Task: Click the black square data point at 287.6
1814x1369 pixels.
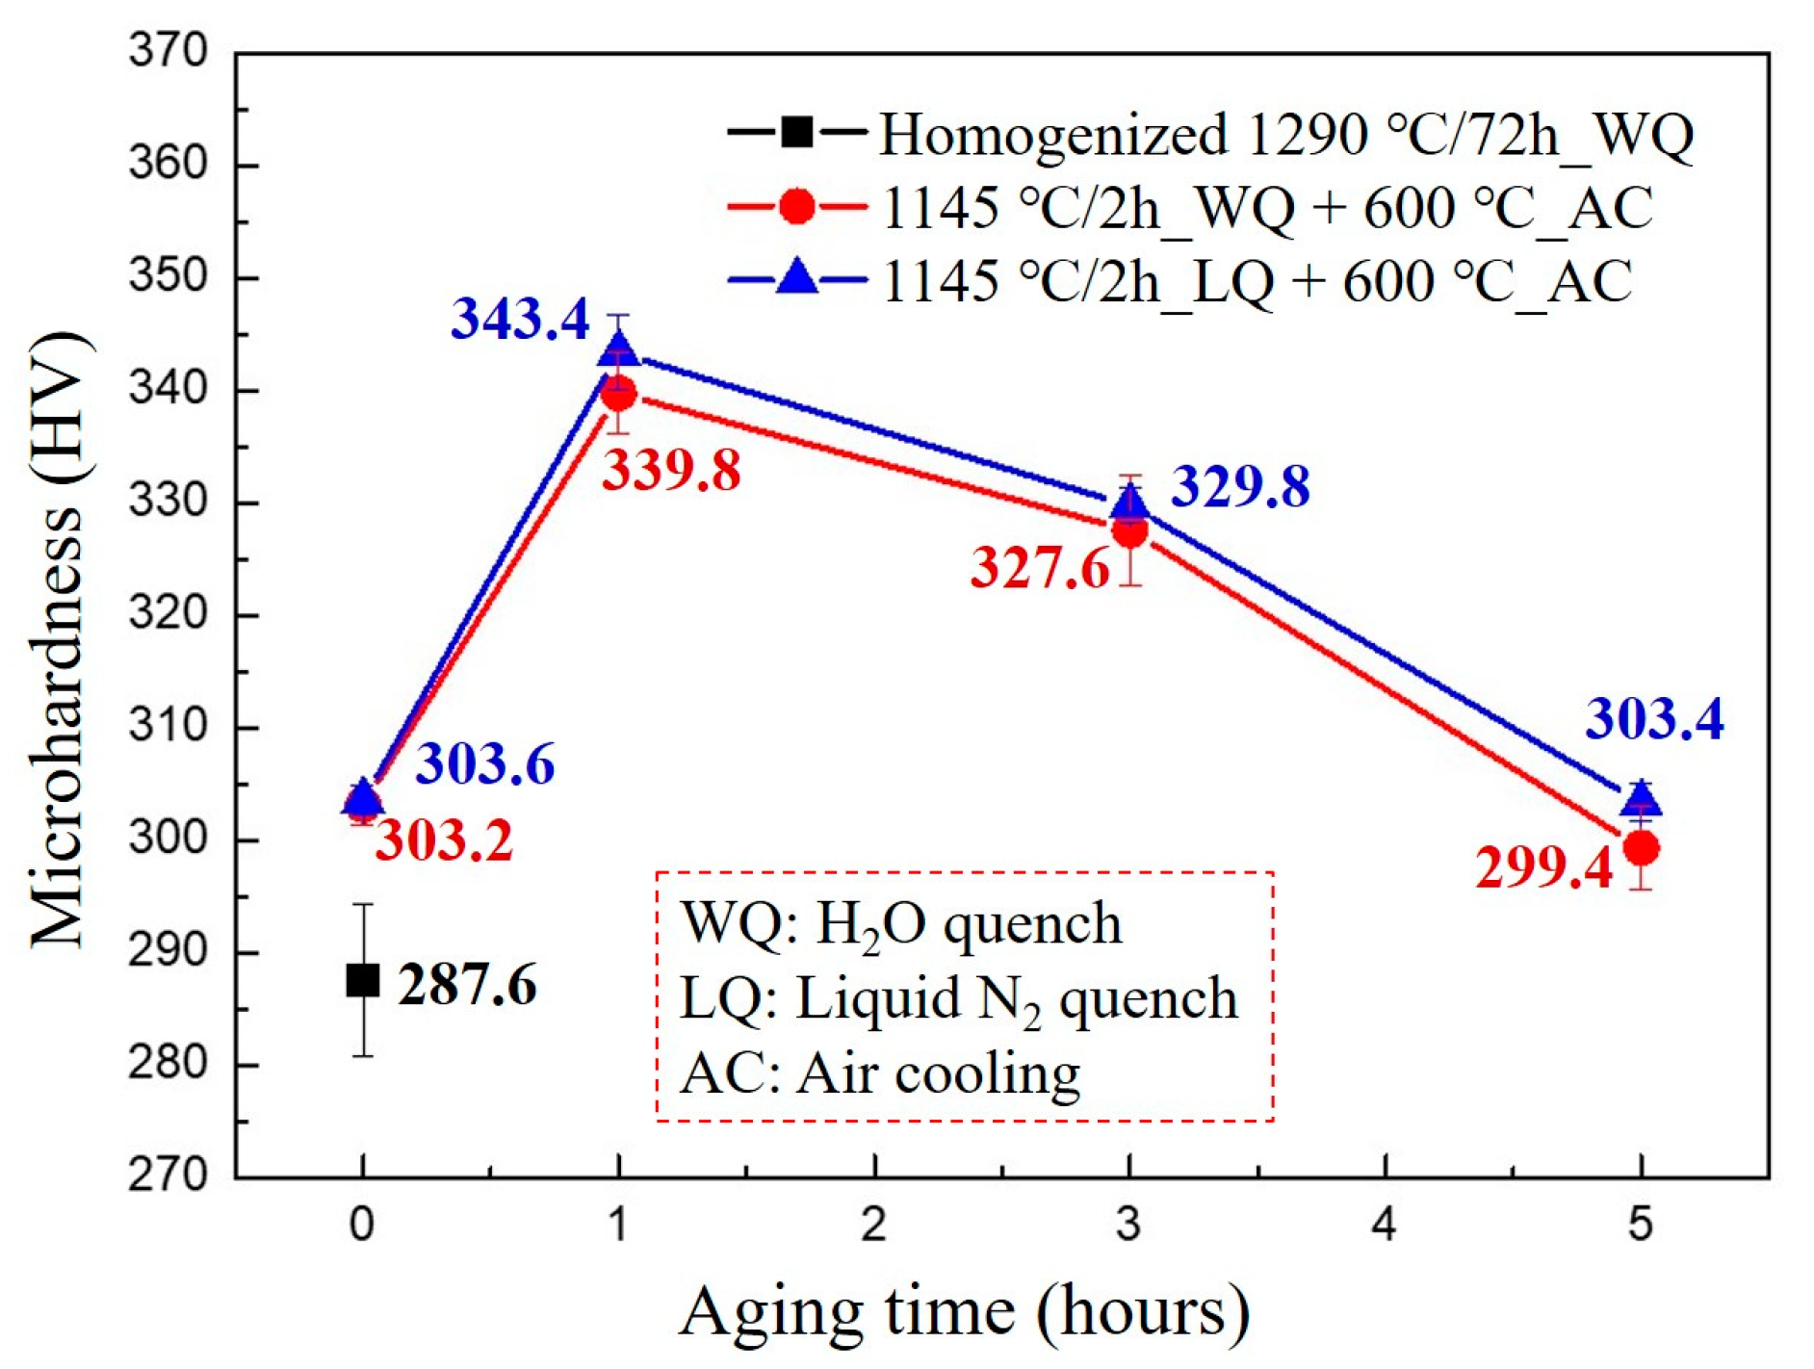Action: (363, 980)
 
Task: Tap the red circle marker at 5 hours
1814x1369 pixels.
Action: (1641, 848)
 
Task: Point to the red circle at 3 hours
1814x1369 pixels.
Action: (1129, 531)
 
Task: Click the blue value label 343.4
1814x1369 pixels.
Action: (520, 319)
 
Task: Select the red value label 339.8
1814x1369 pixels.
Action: (671, 471)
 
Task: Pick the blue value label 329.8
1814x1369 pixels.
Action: (1240, 486)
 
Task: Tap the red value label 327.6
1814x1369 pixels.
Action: (1040, 567)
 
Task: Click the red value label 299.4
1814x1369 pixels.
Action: (1543, 867)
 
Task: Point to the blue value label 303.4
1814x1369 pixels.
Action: (1654, 718)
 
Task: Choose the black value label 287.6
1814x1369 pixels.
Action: (467, 985)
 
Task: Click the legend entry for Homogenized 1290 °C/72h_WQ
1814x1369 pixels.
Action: (1285, 134)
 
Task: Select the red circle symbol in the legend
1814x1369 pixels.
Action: (797, 207)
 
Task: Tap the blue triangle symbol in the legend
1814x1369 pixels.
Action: (797, 278)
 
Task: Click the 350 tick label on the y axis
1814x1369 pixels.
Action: (168, 276)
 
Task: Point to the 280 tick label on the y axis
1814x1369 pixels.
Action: (168, 1063)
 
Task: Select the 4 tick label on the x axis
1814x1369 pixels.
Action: (1384, 1226)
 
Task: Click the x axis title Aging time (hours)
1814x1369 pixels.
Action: (964, 1311)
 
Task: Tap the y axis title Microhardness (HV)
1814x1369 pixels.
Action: (58, 639)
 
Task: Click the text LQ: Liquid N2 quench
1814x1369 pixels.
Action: (958, 998)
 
